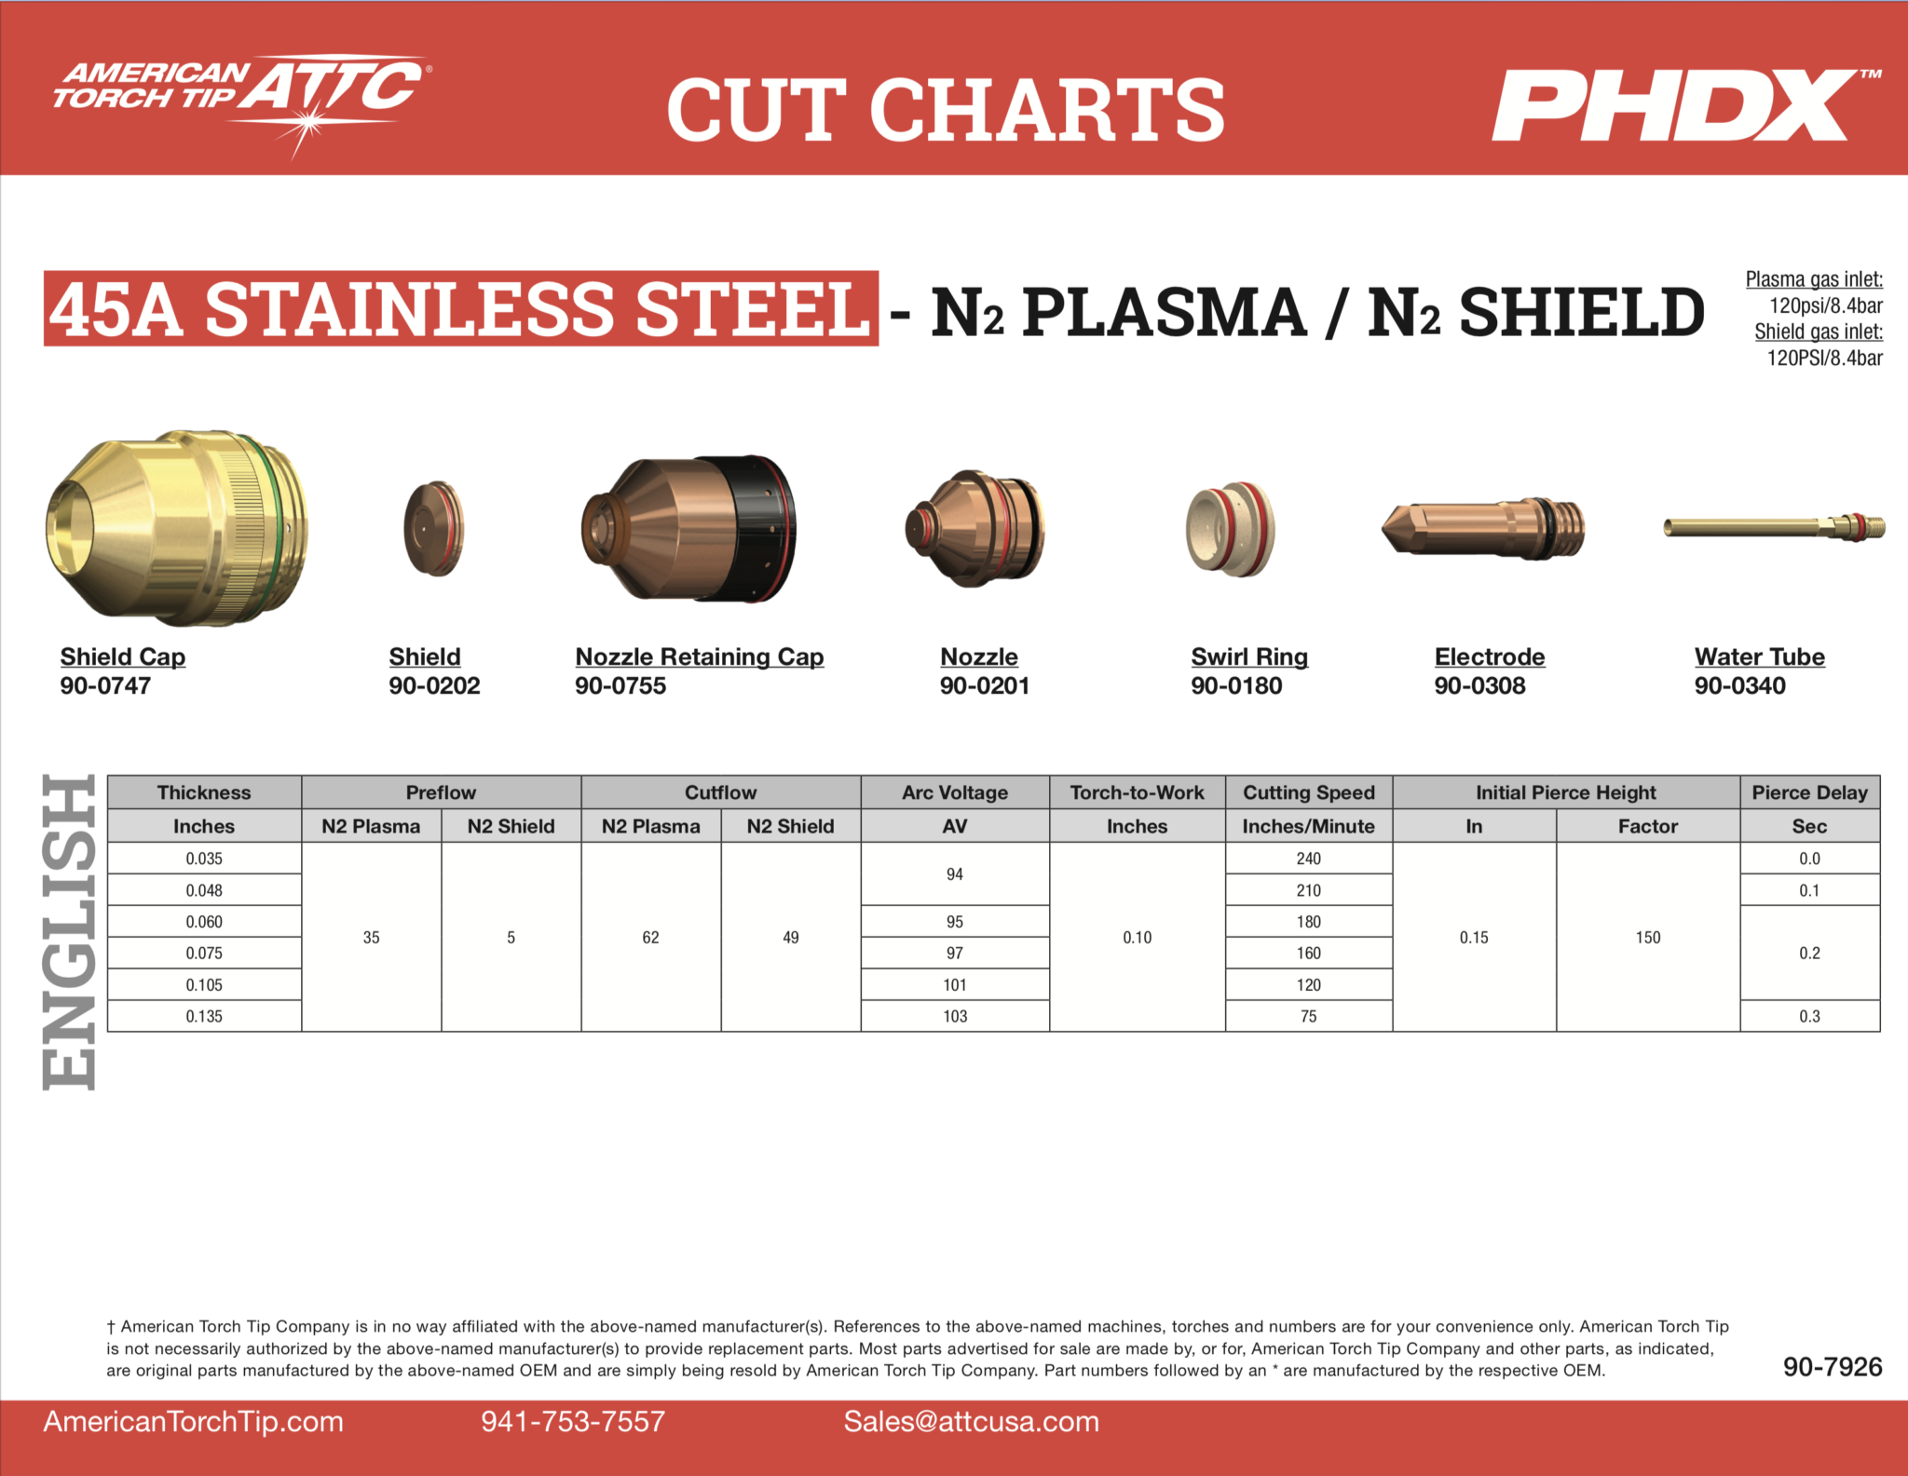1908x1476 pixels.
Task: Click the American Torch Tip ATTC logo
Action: (x=240, y=102)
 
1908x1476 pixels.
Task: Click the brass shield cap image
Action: (x=177, y=527)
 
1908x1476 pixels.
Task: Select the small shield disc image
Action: (x=434, y=529)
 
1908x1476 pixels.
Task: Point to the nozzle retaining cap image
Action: (x=688, y=529)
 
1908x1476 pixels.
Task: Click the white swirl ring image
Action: (x=1230, y=529)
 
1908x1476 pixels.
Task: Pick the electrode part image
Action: (x=1482, y=528)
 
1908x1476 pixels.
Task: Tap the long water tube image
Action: (x=1774, y=527)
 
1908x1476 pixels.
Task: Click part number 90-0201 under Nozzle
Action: (x=985, y=686)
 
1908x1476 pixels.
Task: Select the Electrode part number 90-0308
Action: (x=1479, y=686)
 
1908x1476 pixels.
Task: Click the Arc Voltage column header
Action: (x=955, y=792)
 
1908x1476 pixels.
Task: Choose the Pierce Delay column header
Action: (x=1809, y=792)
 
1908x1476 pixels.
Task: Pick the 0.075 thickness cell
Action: (x=204, y=953)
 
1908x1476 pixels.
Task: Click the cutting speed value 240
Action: (x=1308, y=859)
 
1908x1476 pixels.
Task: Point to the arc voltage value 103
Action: (x=955, y=1016)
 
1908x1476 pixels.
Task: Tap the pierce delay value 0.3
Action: (x=1809, y=1016)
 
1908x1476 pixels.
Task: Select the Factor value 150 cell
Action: (x=1648, y=938)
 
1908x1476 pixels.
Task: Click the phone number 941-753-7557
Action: (x=573, y=1422)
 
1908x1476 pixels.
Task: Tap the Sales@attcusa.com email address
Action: (x=971, y=1422)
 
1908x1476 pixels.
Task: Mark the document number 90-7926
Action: (x=1833, y=1367)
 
